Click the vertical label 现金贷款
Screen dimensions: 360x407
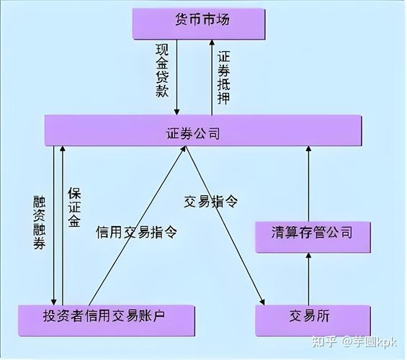tap(161, 69)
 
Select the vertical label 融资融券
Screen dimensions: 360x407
tap(40, 223)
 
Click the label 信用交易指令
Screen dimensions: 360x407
tap(137, 232)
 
